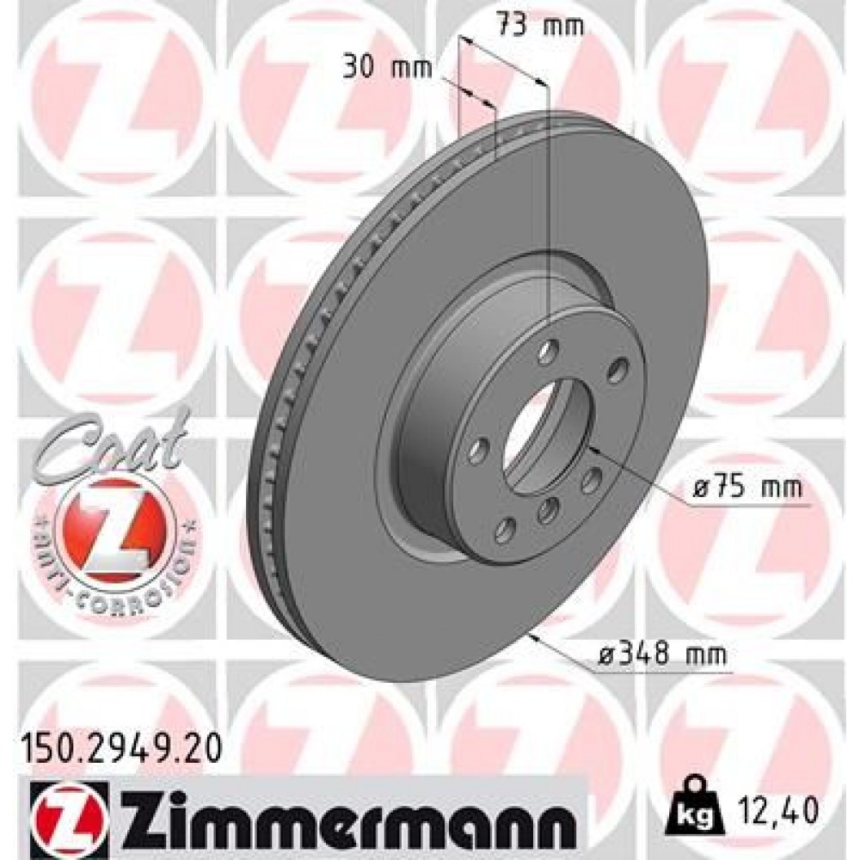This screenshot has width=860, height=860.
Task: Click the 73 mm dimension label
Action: coord(541,25)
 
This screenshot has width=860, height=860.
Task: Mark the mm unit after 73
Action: coord(566,25)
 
